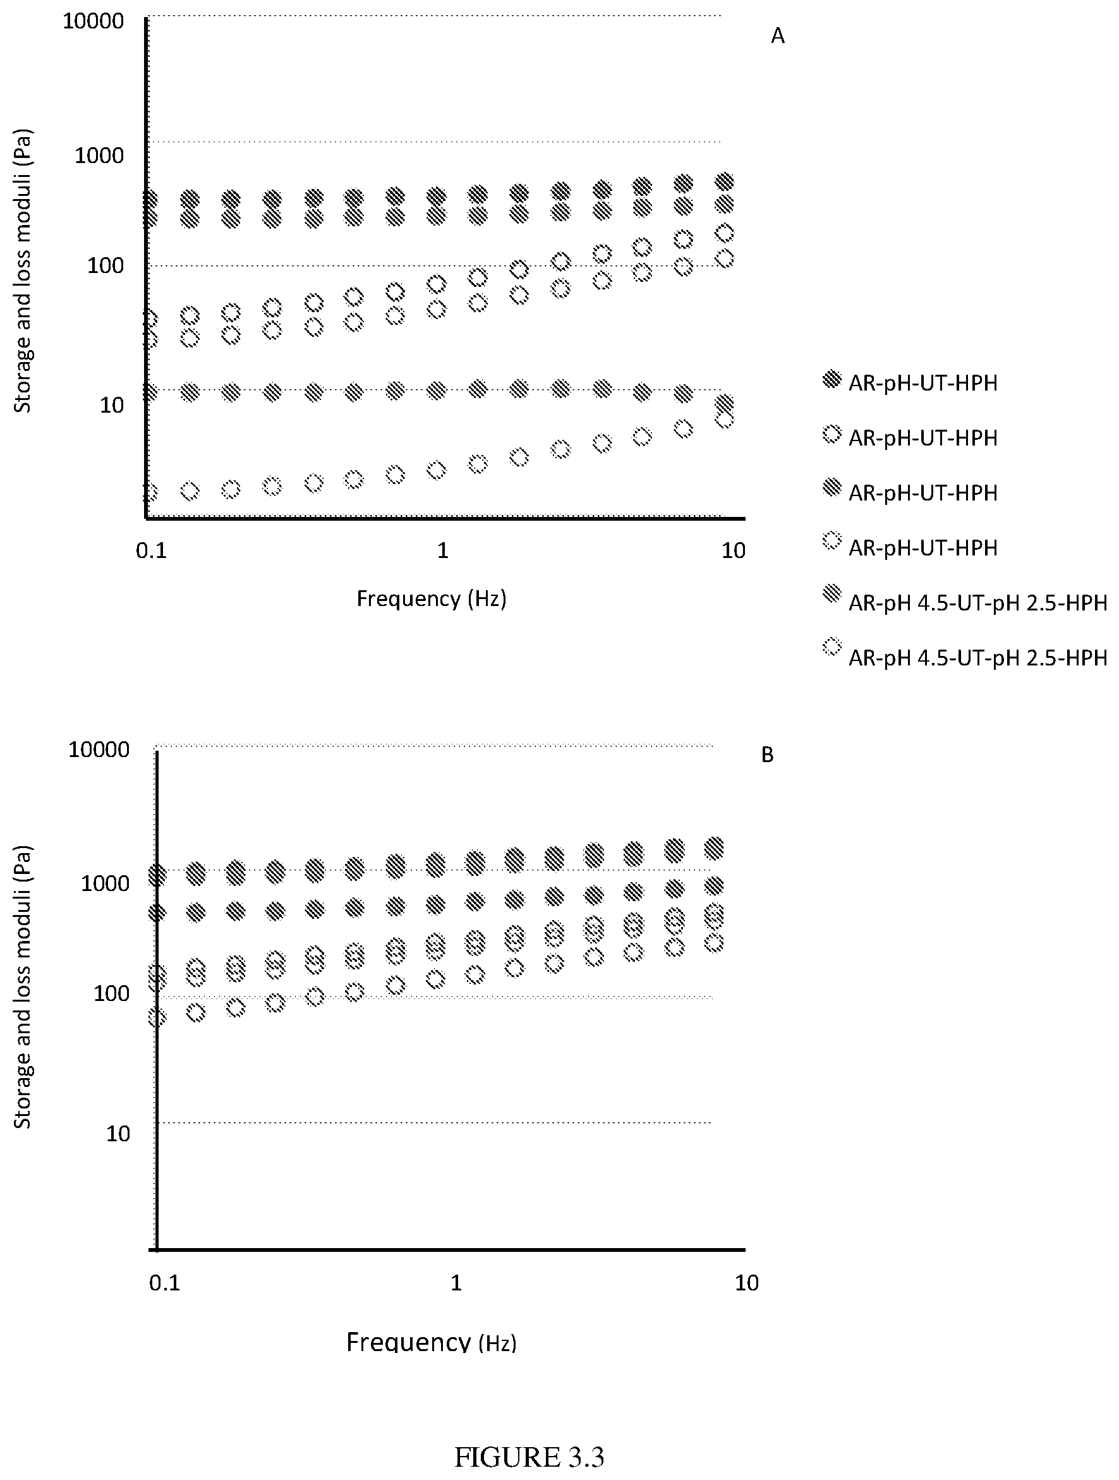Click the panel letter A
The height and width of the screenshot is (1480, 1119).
(x=777, y=36)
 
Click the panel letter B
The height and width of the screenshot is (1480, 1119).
(x=767, y=755)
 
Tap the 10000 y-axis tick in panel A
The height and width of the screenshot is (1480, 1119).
(x=93, y=21)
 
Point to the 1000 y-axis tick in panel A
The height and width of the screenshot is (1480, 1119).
(x=99, y=155)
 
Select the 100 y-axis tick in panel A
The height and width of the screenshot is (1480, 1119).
(x=106, y=265)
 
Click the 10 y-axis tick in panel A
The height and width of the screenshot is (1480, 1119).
(x=112, y=405)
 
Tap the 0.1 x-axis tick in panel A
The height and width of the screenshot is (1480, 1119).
(x=151, y=550)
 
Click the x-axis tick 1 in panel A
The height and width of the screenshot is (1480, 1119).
(x=442, y=550)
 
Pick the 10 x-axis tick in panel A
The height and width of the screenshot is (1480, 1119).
(x=734, y=550)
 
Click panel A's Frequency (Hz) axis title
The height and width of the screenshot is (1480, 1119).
(x=432, y=598)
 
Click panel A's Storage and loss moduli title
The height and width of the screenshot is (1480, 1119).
(x=23, y=271)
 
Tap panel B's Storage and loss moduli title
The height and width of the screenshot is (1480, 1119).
(x=23, y=987)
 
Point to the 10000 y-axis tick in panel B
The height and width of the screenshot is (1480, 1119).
(x=99, y=750)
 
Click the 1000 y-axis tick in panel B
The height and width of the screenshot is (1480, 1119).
(x=105, y=884)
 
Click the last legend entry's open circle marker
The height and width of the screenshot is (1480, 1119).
(x=832, y=647)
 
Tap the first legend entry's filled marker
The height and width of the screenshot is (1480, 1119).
(x=832, y=379)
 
